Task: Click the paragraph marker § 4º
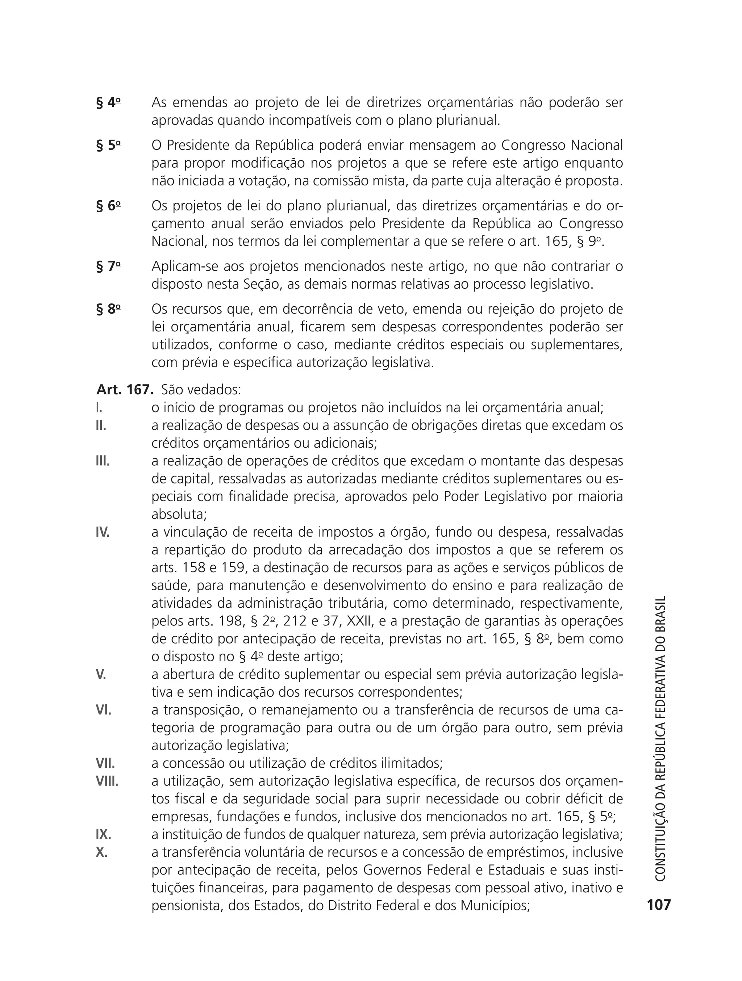(108, 103)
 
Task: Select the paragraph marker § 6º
(108, 206)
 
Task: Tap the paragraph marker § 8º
(108, 309)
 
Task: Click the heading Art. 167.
(125, 390)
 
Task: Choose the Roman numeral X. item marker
(101, 852)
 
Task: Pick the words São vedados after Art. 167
(201, 390)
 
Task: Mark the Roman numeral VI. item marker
(103, 709)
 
